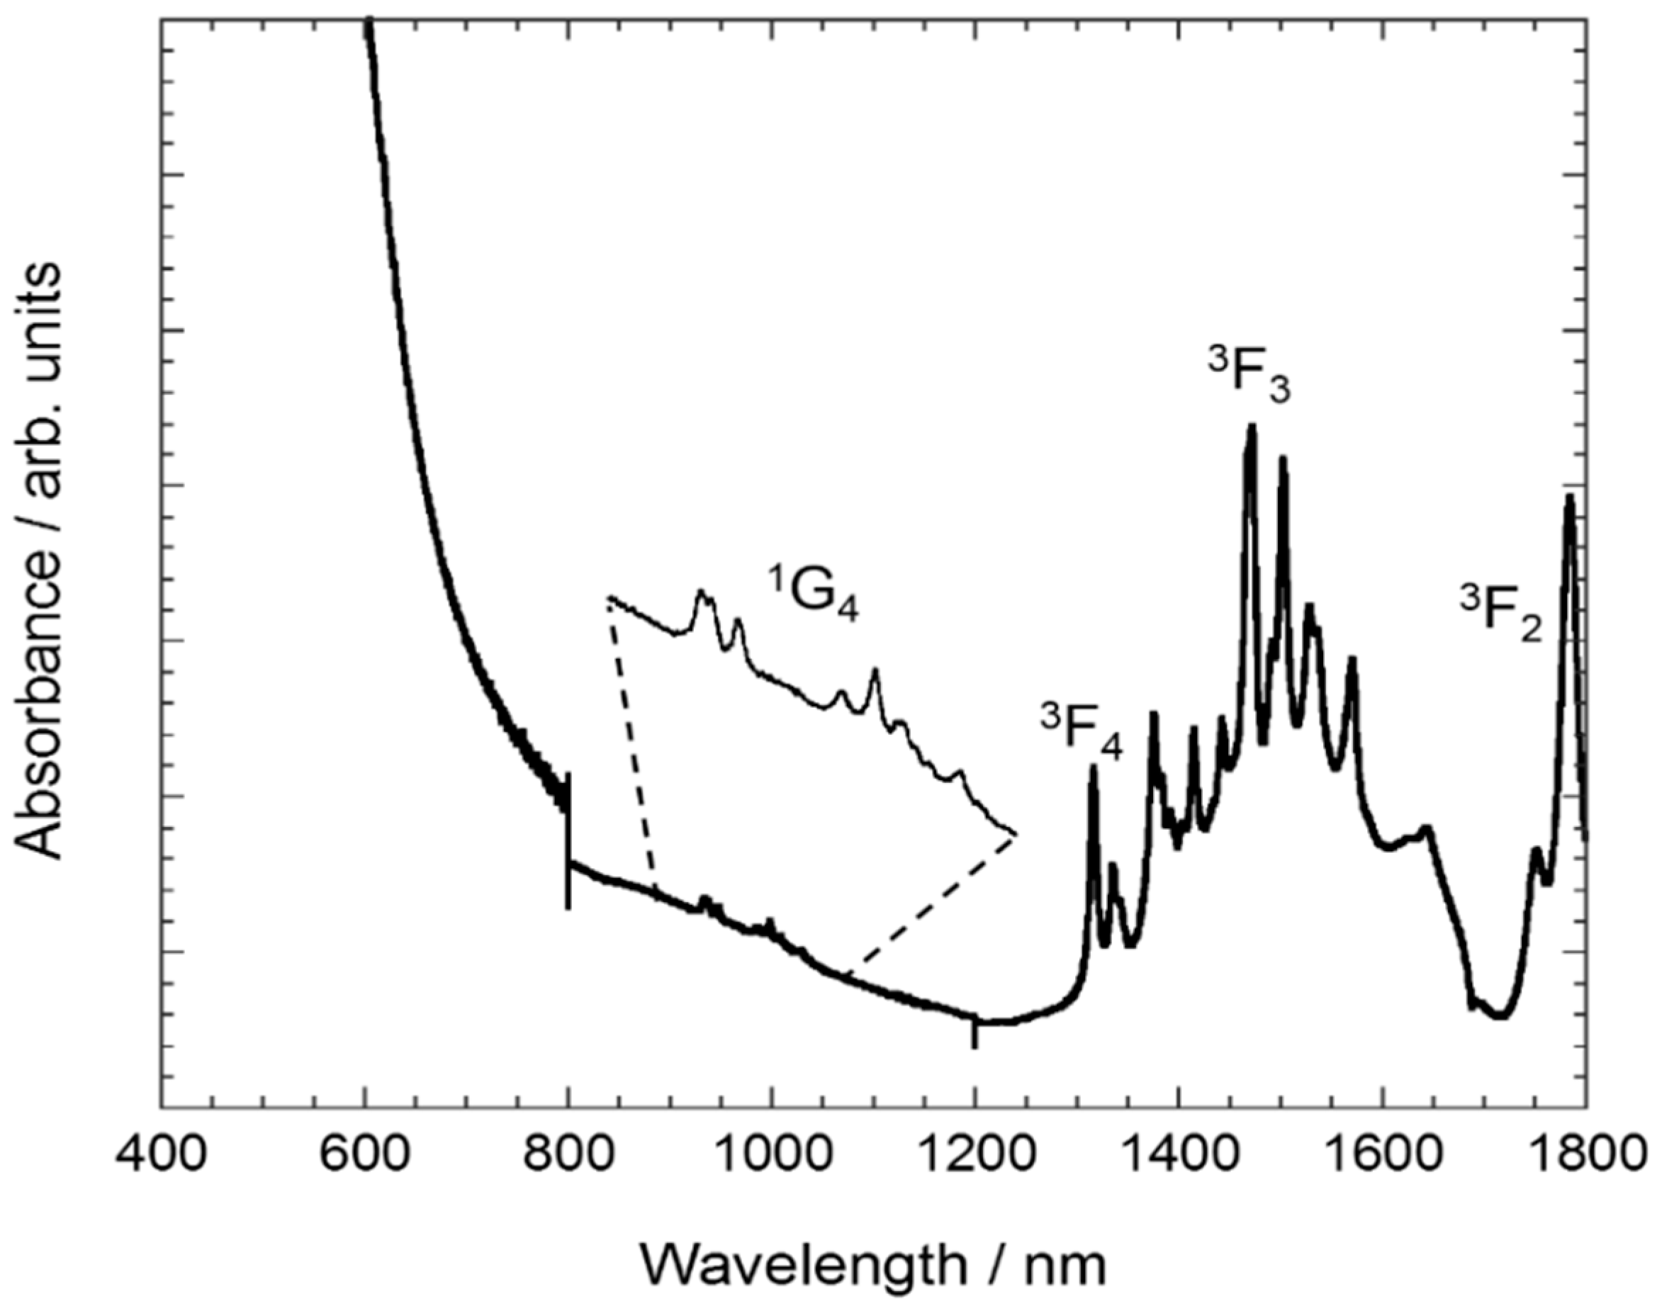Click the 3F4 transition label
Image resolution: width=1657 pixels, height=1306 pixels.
click(x=1081, y=733)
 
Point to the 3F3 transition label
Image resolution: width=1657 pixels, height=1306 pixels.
click(x=1249, y=376)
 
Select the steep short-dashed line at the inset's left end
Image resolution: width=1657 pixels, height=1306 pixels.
click(x=631, y=742)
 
